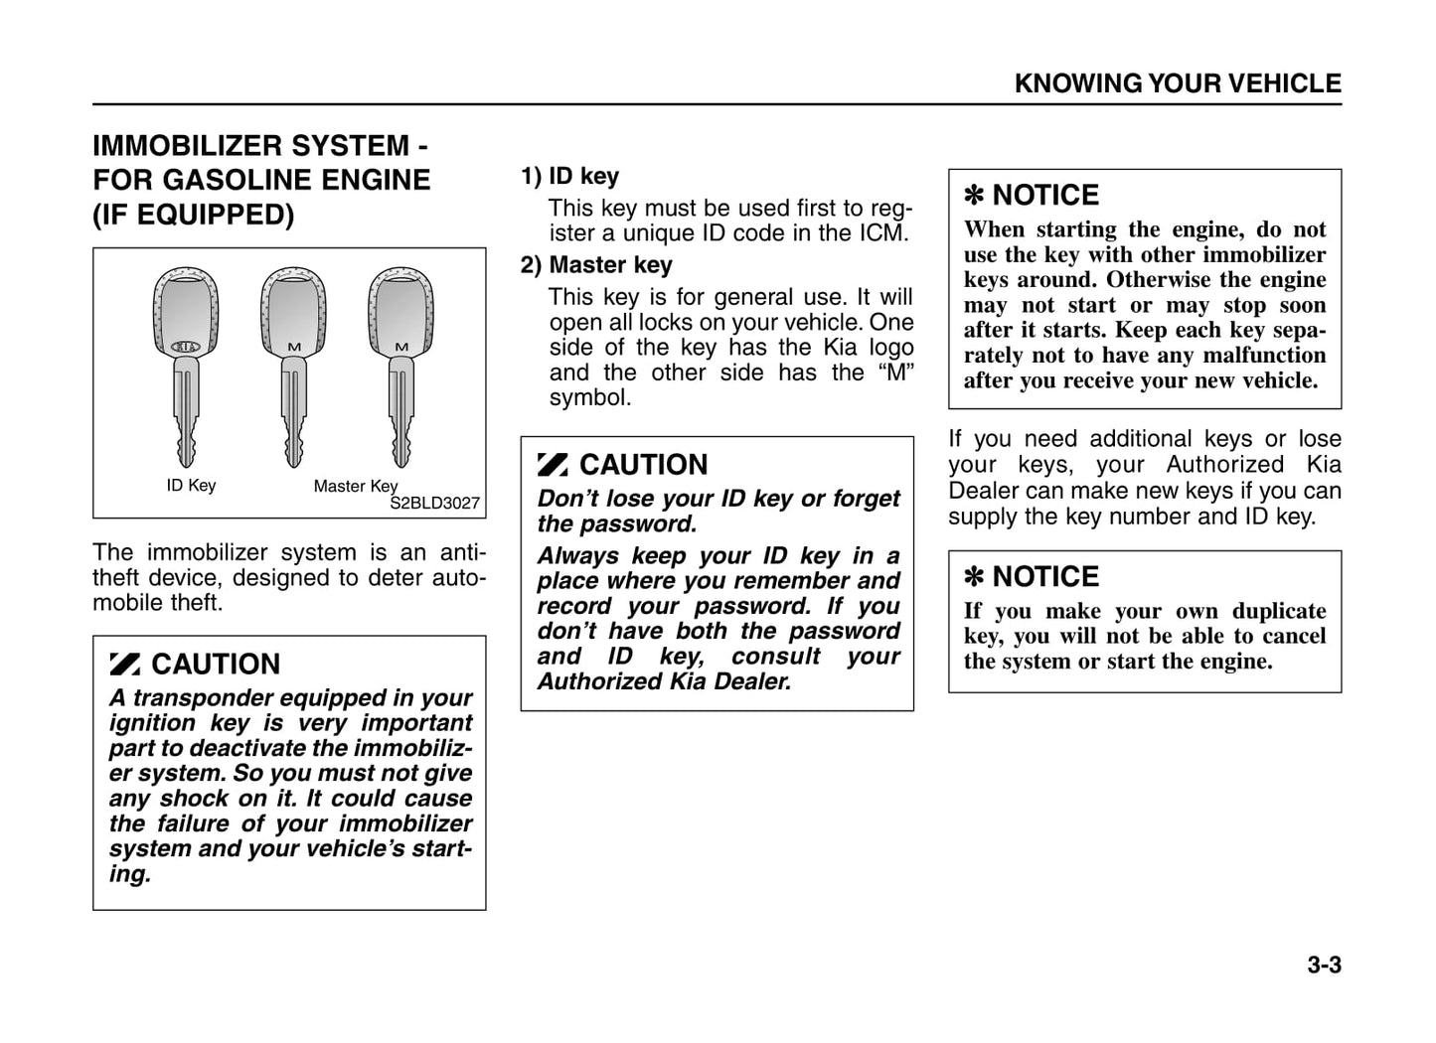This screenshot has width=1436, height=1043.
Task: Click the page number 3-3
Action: coord(1324,965)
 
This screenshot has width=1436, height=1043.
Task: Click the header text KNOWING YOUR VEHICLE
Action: coord(1178,83)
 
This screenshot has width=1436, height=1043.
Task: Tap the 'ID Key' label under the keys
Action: coord(191,485)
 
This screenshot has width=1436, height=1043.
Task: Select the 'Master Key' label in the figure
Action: coord(355,486)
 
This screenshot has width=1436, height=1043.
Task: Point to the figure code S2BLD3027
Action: coord(434,503)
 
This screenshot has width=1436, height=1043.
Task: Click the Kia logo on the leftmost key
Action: coord(186,347)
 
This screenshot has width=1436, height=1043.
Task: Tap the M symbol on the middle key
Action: coord(294,346)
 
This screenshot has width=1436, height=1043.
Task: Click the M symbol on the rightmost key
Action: coord(401,346)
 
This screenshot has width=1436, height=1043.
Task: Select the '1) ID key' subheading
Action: coord(569,176)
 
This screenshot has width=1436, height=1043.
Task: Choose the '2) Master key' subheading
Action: coord(596,265)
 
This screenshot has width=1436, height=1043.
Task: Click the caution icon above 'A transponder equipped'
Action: coord(125,665)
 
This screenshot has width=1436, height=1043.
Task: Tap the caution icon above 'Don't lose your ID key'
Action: coord(553,465)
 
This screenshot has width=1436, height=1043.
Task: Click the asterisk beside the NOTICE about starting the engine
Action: coord(974,196)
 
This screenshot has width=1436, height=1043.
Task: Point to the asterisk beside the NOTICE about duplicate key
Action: coord(974,577)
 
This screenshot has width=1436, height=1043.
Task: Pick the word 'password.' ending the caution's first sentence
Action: coord(647,524)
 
